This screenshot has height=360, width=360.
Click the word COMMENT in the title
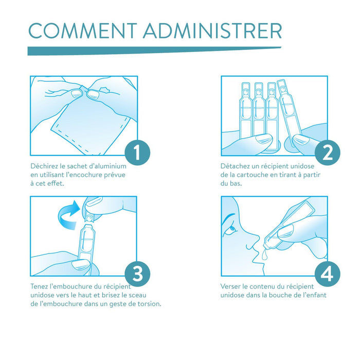point(83,30)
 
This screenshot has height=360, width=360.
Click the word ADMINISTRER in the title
point(212,30)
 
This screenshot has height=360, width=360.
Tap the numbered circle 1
point(137,152)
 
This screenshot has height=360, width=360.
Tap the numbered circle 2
point(328,152)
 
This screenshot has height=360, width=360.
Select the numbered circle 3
point(137,274)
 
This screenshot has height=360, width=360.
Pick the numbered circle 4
point(328,274)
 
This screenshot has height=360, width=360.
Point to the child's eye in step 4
point(232,229)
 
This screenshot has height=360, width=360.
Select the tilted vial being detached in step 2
point(289,113)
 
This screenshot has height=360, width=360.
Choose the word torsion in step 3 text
point(149,304)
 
